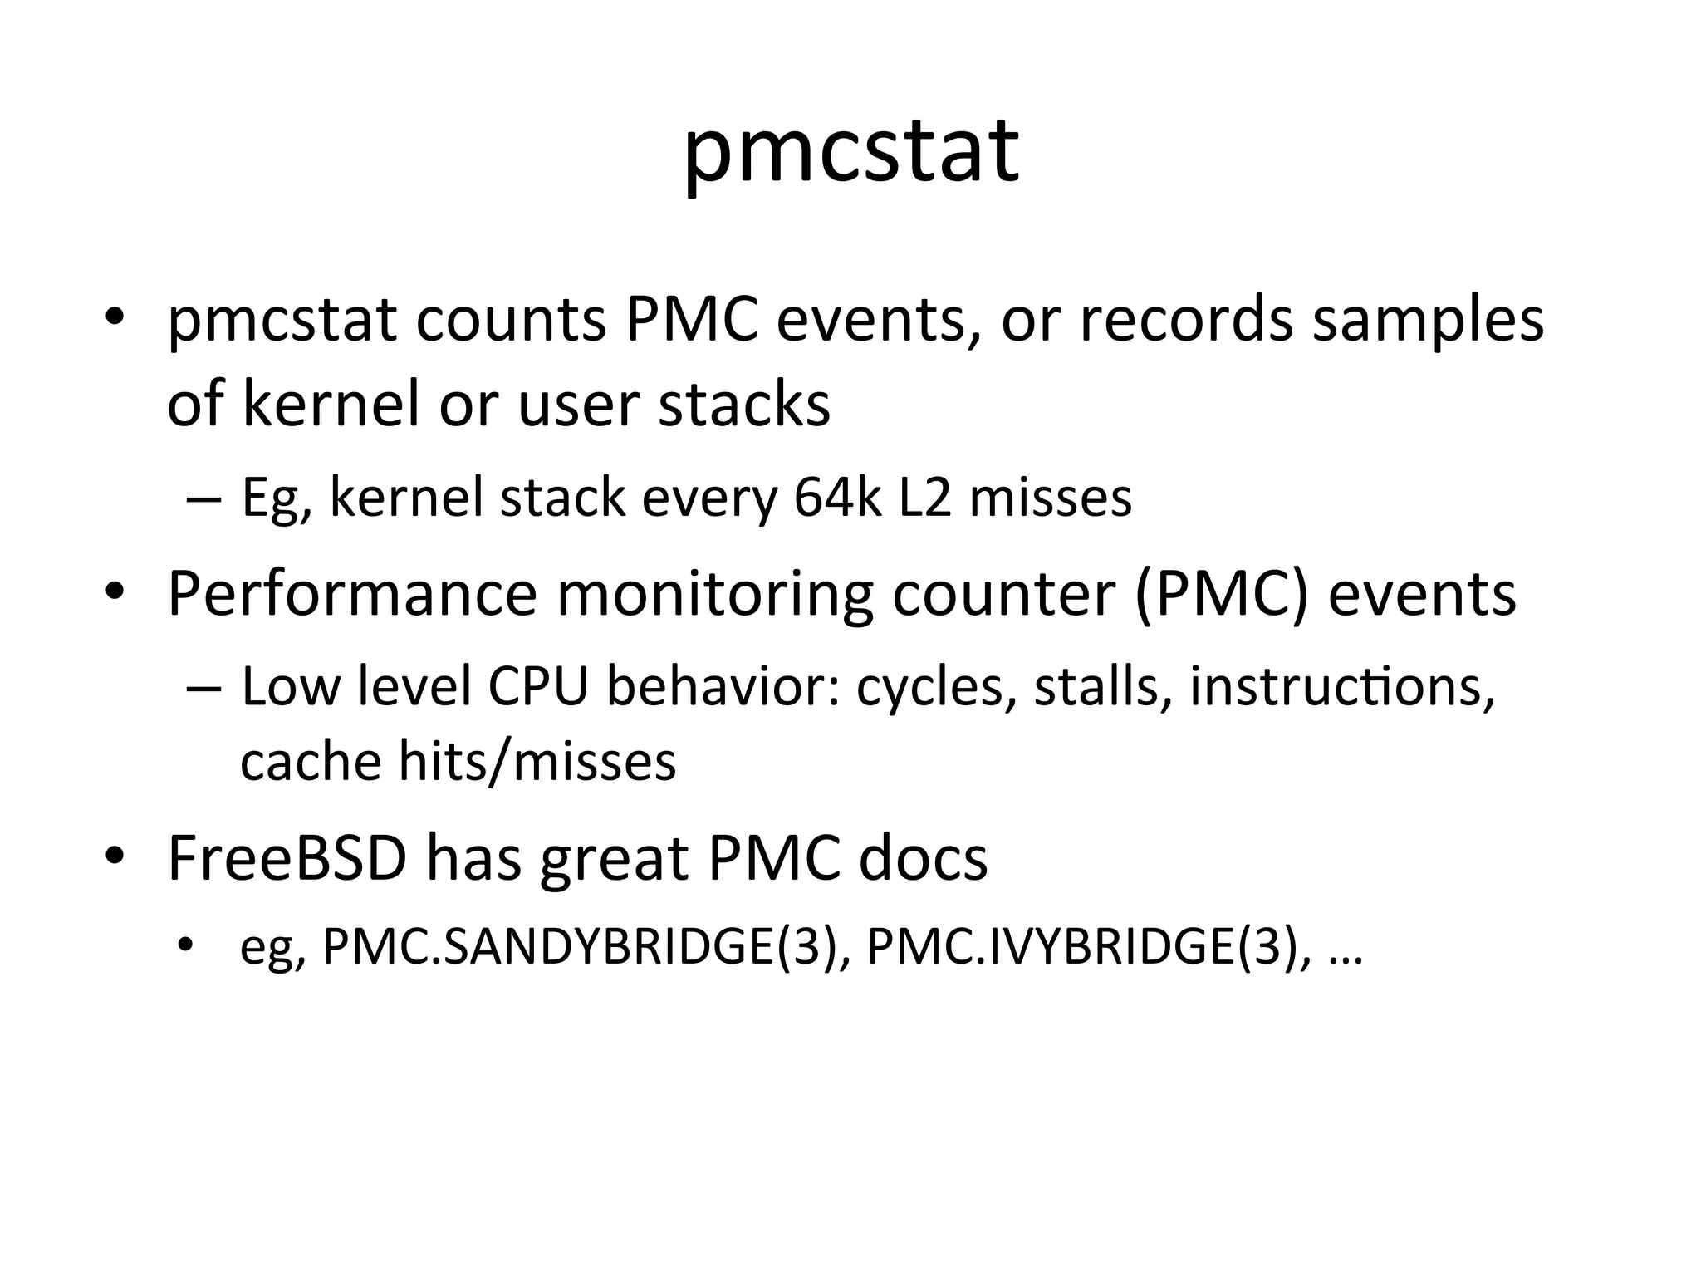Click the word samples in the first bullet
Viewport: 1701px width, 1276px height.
tap(1428, 320)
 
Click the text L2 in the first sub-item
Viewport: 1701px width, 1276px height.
tap(925, 498)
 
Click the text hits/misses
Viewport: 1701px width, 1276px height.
tap(537, 761)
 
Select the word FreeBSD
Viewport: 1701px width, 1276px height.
tap(287, 858)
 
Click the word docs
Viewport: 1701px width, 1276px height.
tap(923, 858)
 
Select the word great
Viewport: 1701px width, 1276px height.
tap(614, 858)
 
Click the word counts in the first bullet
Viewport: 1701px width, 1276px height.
tap(511, 320)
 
